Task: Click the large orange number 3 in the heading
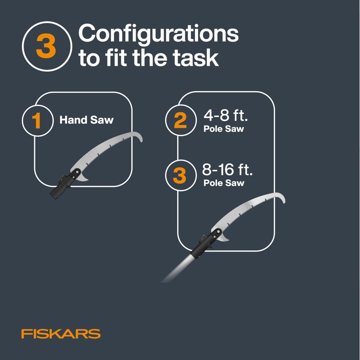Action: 46,47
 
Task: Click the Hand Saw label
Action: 87,121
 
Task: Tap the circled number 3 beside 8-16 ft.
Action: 180,175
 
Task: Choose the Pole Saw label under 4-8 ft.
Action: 224,130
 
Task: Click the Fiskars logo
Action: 61,334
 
